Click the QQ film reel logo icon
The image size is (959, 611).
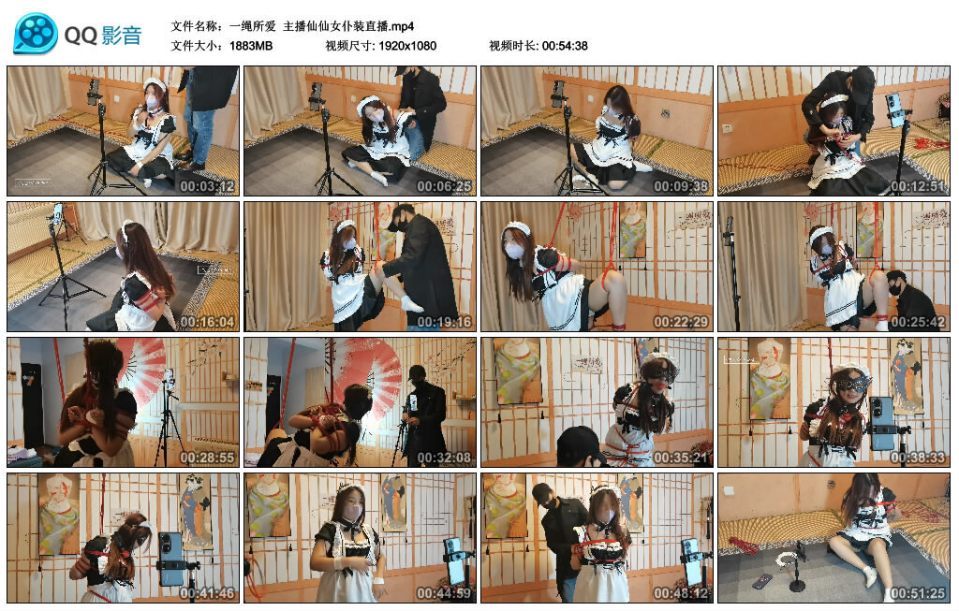coord(36,35)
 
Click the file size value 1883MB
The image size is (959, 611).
coord(251,46)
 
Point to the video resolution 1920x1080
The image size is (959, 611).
coord(407,46)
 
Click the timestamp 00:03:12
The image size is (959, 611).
coord(208,186)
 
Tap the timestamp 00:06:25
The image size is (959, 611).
coord(445,186)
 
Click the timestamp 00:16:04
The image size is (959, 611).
coord(208,322)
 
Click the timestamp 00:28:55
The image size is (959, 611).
coord(208,458)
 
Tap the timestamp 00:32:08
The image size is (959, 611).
coord(445,458)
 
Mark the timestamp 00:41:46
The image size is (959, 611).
coord(208,593)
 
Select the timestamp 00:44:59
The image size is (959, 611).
coord(445,593)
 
